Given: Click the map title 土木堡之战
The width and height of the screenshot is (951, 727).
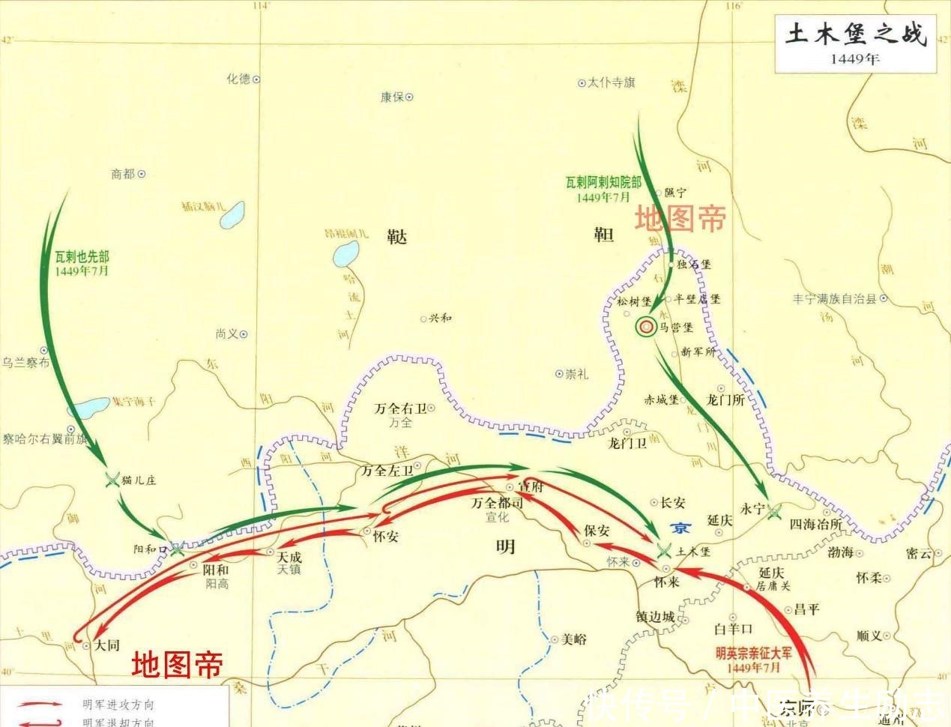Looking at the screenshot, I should click(x=855, y=35).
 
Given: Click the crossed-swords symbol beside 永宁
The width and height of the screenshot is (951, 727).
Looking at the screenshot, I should click(x=774, y=510).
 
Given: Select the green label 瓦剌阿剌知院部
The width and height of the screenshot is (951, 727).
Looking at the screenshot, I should click(x=603, y=182).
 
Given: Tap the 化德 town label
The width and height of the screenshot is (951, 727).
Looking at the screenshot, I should click(x=238, y=79).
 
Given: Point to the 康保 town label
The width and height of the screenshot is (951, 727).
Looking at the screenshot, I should click(x=392, y=97).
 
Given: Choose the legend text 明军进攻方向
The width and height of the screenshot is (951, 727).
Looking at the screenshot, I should click(x=118, y=705).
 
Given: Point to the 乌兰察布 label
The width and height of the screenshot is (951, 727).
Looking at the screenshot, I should click(x=25, y=363).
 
